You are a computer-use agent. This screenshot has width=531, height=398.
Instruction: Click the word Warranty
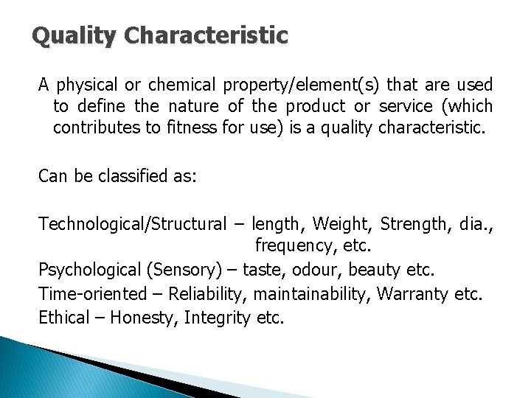(x=411, y=295)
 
